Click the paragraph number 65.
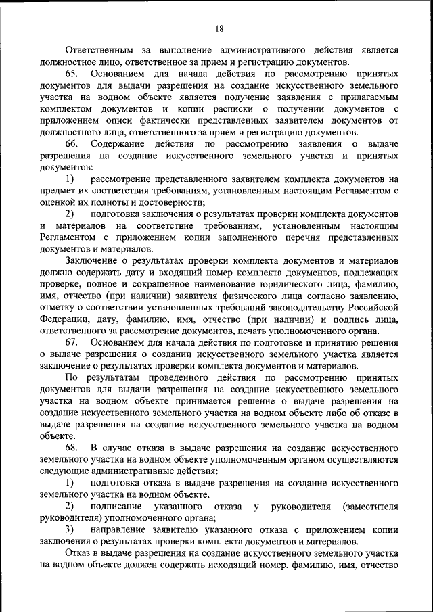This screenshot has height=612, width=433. click(73, 74)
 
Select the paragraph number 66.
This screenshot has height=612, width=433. click(73, 144)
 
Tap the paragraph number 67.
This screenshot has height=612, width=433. click(73, 343)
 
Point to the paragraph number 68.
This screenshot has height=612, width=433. click(73, 448)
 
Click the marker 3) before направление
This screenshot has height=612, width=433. click(70, 530)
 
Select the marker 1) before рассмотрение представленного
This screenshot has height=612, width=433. click(70, 179)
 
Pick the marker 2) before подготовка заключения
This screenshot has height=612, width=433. click(70, 214)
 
